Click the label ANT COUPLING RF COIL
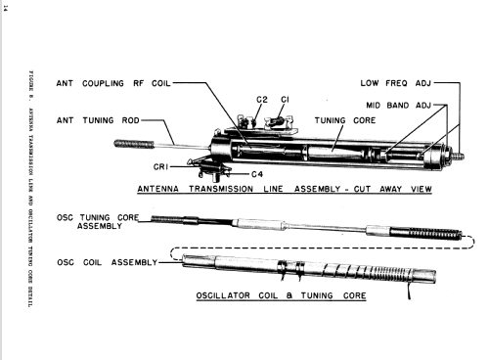point(113,83)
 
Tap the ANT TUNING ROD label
point(98,120)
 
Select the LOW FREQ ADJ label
point(396,83)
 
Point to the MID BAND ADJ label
point(399,106)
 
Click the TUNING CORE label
point(345,120)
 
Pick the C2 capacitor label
point(262,100)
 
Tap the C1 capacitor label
point(285,100)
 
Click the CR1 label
point(160,167)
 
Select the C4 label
point(257,174)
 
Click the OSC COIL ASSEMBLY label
point(108,262)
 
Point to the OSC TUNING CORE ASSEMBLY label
point(98,222)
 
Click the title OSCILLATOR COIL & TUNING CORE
point(281,295)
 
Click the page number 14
point(5,8)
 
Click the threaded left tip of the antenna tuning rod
point(134,144)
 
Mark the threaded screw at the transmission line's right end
point(459,157)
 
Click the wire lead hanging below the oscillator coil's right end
point(409,291)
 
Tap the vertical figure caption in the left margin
point(31,189)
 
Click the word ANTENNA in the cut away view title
point(158,189)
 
